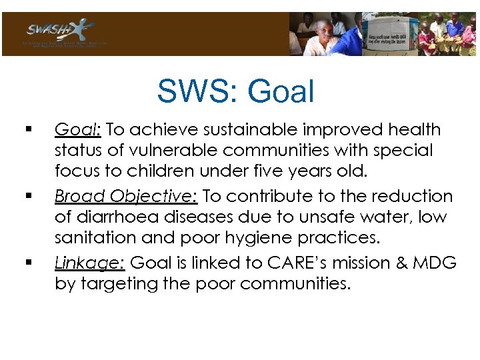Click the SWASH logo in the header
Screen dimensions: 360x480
point(60,31)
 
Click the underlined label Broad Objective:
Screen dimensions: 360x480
point(126,196)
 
